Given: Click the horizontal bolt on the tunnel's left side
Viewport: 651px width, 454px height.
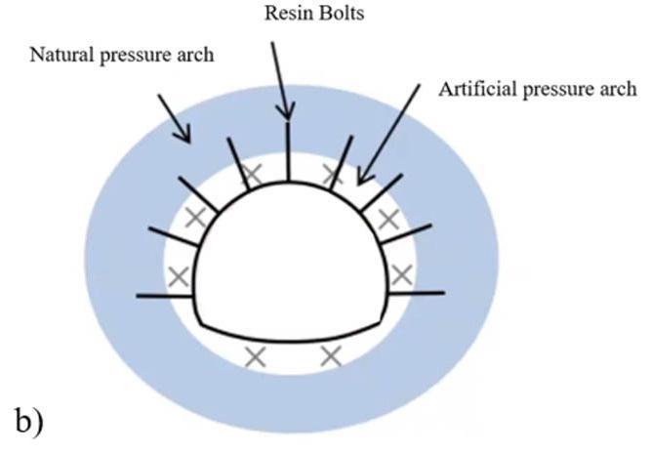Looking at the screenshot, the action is pyautogui.click(x=167, y=294).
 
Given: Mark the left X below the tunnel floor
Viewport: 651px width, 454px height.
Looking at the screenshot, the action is pyautogui.click(x=255, y=356).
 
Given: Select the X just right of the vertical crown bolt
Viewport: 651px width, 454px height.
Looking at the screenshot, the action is pyautogui.click(x=332, y=176).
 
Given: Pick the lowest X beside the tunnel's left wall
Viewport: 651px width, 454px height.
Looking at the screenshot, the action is pyautogui.click(x=179, y=276).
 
